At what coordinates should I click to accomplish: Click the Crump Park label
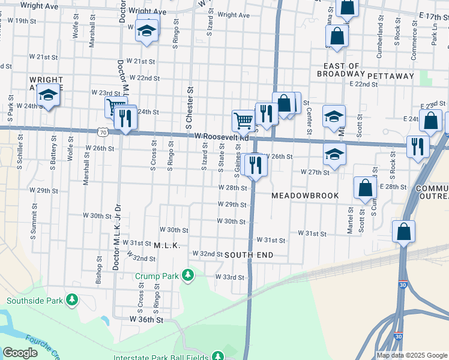157,275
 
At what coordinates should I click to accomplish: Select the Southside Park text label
35,300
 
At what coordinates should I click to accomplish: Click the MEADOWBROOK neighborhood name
305,196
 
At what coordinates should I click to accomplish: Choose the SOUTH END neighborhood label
249,255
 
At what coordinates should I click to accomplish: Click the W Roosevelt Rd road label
221,137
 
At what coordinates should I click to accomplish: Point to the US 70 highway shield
104,131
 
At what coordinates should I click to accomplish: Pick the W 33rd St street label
229,277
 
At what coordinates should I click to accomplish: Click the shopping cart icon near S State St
243,120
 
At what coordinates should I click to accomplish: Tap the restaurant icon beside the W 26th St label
256,164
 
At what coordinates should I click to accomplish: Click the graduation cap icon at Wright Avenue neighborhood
48,95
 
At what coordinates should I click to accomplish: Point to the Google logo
20,353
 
